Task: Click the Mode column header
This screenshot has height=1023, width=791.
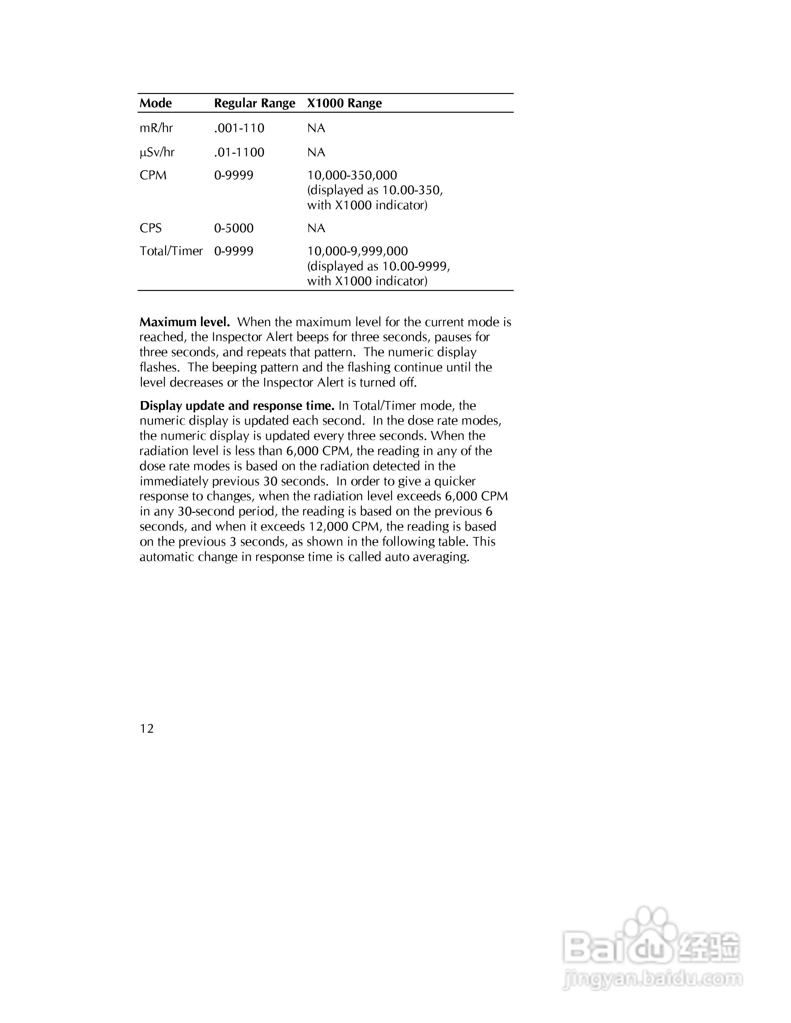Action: click(155, 103)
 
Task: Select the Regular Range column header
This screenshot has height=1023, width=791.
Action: click(254, 103)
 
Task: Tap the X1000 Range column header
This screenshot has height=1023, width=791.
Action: click(344, 103)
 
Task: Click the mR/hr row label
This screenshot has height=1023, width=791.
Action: click(156, 128)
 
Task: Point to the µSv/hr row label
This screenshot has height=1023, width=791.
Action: click(157, 152)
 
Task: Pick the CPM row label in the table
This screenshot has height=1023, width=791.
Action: click(153, 175)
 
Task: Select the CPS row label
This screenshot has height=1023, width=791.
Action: click(151, 228)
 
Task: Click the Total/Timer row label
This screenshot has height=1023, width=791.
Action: click(171, 251)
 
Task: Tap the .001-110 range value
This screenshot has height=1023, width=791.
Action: click(239, 128)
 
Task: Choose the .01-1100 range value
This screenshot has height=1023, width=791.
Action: click(239, 152)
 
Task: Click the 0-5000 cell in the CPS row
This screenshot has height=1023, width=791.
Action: click(234, 228)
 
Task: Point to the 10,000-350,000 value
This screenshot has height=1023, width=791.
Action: click(352, 175)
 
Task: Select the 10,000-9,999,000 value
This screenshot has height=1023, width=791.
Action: click(358, 251)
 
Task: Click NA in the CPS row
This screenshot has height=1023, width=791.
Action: click(316, 228)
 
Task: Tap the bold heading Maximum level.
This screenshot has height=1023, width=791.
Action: click(185, 322)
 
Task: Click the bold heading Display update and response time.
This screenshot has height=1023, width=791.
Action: click(237, 406)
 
